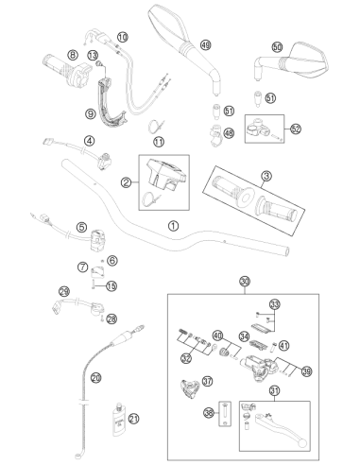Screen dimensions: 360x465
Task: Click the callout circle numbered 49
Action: pyautogui.click(x=205, y=45)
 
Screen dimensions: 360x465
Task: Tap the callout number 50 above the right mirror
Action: pyautogui.click(x=277, y=47)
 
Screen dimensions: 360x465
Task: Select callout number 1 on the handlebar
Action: pyautogui.click(x=173, y=226)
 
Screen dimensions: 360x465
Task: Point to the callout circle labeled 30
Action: pyautogui.click(x=245, y=281)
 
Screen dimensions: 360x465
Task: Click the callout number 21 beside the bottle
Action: pyautogui.click(x=134, y=419)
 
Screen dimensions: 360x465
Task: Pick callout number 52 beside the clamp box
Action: pyautogui.click(x=296, y=129)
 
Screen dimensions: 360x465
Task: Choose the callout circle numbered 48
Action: pyautogui.click(x=229, y=133)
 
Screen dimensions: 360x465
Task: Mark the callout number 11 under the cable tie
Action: pyautogui.click(x=159, y=142)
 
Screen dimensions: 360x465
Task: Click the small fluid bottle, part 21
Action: pyautogui.click(x=119, y=419)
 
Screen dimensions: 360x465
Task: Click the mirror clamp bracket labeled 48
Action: pyautogui.click(x=216, y=135)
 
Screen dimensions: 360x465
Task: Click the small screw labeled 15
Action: pyautogui.click(x=94, y=285)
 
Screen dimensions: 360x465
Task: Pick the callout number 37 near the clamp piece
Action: pyautogui.click(x=207, y=381)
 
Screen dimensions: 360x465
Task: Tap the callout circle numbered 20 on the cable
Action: pyautogui.click(x=96, y=377)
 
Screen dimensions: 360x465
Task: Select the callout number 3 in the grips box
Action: pyautogui.click(x=266, y=176)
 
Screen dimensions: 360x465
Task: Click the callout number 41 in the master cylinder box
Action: pyautogui.click(x=284, y=346)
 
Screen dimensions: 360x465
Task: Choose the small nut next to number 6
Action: pyautogui.click(x=102, y=261)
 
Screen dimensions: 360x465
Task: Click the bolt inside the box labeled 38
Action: pyautogui.click(x=225, y=414)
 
